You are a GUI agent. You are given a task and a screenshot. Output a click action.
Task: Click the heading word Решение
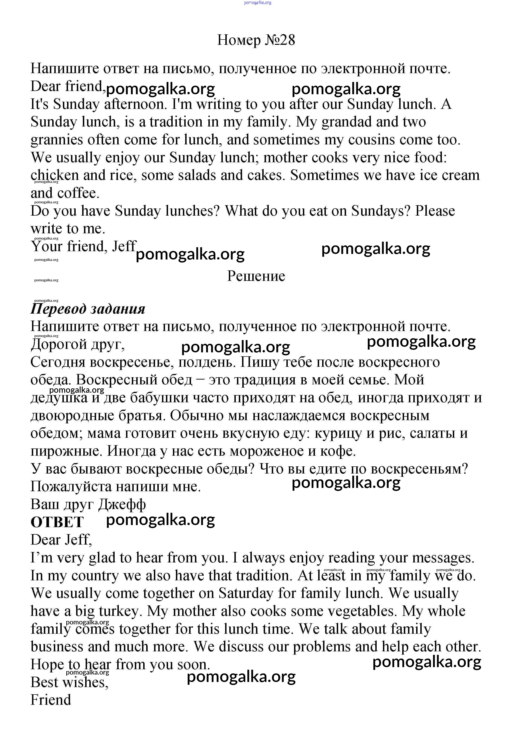(x=256, y=276)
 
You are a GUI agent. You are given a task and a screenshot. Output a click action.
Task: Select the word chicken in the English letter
(x=55, y=175)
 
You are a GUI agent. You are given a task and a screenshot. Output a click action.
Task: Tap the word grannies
(x=56, y=140)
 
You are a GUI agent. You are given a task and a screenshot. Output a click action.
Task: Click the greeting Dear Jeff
(x=61, y=540)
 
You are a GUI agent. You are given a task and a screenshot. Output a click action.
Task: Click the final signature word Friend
(x=51, y=700)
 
